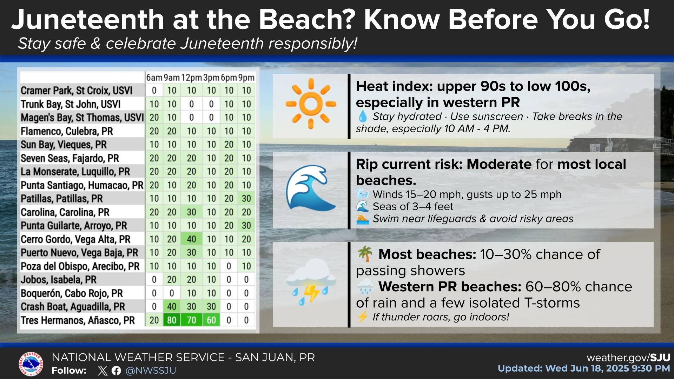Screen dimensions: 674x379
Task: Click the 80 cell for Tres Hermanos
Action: tap(172, 320)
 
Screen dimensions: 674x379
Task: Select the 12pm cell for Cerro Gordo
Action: tap(191, 239)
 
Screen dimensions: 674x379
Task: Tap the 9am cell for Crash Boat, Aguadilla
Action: tap(172, 306)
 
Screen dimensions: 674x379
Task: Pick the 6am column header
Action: tap(154, 78)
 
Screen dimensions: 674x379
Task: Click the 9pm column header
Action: tap(246, 78)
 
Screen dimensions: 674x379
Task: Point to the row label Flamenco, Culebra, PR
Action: tap(67, 131)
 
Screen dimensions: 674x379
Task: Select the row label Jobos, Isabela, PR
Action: tap(58, 280)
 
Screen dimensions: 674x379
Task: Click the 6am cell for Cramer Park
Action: tap(154, 91)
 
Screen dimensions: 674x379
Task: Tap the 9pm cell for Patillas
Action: tap(246, 199)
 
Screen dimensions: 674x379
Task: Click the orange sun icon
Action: tap(311, 104)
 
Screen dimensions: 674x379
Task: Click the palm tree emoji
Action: tap(365, 254)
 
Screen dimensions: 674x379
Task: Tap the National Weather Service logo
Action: tap(31, 364)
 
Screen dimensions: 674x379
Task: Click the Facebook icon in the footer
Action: tap(116, 371)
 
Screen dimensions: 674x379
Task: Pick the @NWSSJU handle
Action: tap(151, 371)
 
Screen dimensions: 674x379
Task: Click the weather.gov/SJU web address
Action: tap(628, 358)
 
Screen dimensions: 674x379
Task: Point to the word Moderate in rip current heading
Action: tap(499, 164)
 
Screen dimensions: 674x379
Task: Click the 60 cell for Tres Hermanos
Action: tap(211, 320)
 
